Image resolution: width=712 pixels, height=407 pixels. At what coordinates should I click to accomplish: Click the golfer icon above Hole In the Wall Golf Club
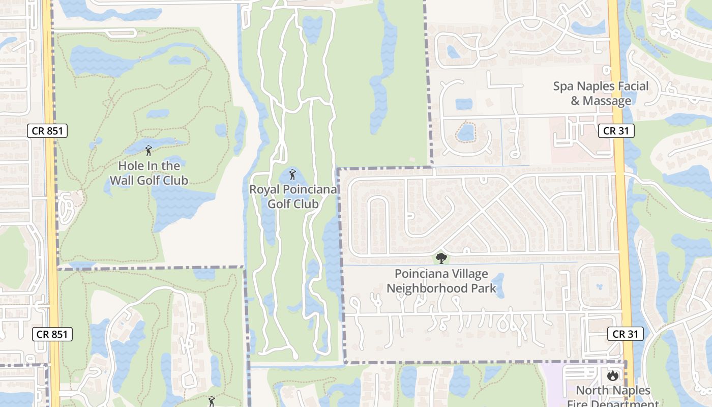149,151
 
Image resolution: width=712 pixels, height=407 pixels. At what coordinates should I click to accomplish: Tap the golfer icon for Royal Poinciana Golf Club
292,175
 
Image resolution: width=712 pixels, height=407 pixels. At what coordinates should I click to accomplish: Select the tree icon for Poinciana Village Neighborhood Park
441,258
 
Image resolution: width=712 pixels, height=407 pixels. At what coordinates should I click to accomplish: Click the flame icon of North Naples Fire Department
613,376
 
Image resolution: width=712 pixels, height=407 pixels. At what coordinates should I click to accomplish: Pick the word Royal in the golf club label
265,190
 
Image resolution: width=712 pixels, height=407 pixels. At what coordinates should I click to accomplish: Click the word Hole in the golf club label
130,166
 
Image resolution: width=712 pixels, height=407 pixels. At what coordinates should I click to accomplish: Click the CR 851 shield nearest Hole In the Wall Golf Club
47,131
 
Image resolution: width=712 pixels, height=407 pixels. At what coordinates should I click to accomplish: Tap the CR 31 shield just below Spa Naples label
616,131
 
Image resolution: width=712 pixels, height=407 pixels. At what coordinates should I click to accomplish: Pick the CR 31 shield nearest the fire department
625,334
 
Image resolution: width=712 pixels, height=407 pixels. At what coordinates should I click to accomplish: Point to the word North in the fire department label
592,391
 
